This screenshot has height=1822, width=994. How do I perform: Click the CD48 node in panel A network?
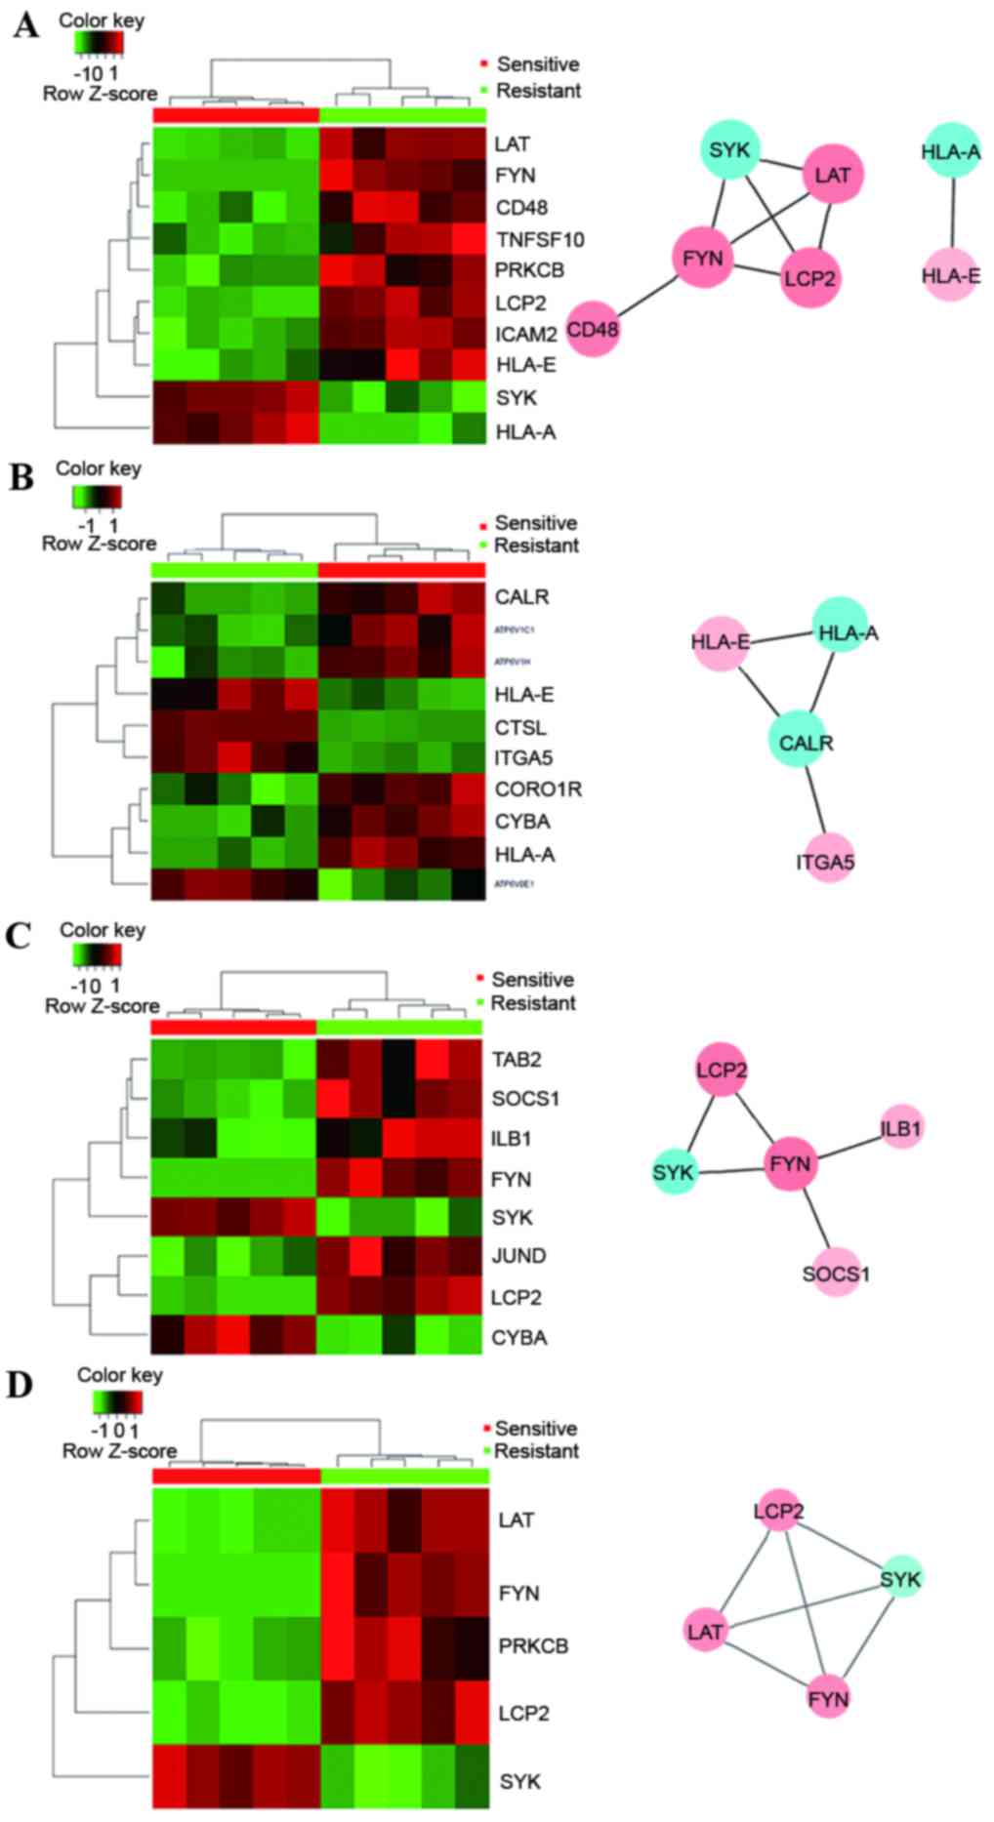pos(594,329)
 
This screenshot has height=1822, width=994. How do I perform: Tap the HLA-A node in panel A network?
pos(950,151)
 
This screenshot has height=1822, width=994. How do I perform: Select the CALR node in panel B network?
pos(806,743)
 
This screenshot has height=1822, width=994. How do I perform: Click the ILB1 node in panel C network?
pos(900,1128)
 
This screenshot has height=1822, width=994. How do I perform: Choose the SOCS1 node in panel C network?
pos(836,1273)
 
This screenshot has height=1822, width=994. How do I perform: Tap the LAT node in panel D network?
pos(705,1631)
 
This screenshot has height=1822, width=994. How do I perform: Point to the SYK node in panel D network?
pos(900,1578)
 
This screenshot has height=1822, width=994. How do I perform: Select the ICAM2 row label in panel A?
pos(525,335)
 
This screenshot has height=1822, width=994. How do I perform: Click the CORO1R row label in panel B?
pos(538,790)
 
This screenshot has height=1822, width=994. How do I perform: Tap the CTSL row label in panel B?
pos(519,728)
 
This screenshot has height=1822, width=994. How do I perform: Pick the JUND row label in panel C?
pos(519,1256)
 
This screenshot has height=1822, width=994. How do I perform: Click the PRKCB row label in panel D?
pos(532,1646)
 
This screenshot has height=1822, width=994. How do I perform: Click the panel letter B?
pos(22,477)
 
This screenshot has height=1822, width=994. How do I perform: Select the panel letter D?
pos(21,1387)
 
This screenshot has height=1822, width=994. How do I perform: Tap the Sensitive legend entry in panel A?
pos(537,64)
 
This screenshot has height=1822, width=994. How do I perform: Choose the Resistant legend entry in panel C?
pos(532,1003)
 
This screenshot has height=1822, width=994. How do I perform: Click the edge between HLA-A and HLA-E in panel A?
pos(950,215)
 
